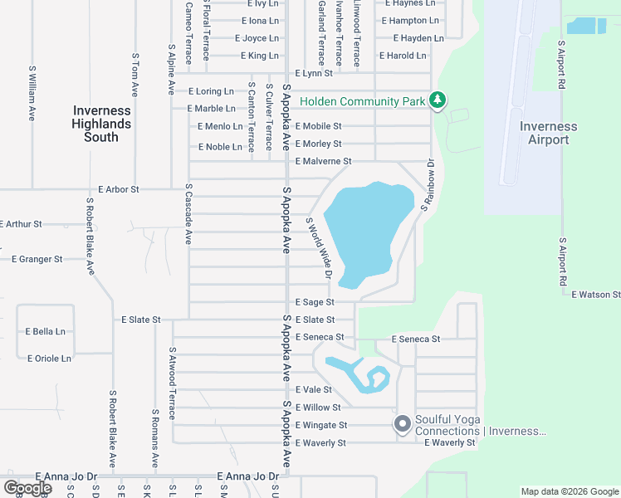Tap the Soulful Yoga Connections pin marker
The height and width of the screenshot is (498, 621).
[403, 424]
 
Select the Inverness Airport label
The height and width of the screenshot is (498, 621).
[548, 133]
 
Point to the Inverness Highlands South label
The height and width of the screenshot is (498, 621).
[101, 124]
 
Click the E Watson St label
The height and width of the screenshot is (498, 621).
[595, 295]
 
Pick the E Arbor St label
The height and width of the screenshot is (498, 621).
[118, 189]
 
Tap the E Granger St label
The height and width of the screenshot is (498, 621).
[37, 259]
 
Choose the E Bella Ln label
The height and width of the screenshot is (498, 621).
[46, 331]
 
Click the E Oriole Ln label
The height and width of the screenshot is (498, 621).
[49, 359]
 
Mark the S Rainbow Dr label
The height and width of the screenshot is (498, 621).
[427, 184]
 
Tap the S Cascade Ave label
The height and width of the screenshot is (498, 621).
[188, 214]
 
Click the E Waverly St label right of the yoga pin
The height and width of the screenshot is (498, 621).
[449, 443]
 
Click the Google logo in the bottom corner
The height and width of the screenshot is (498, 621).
[27, 488]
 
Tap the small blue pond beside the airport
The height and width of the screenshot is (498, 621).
[586, 26]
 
